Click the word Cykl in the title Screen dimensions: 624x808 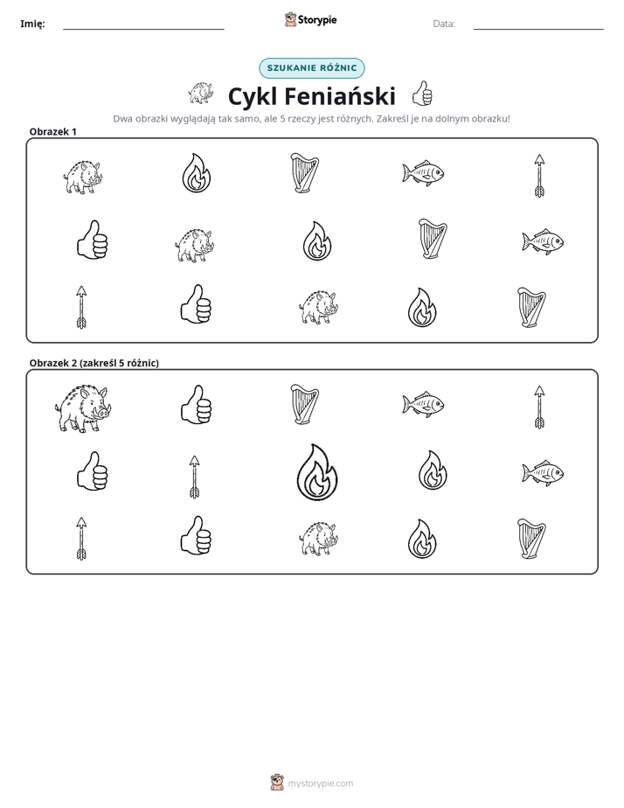coord(253,96)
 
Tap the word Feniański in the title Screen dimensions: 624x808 coord(340,96)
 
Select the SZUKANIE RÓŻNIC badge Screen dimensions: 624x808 coord(311,68)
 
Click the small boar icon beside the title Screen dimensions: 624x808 coord(201,93)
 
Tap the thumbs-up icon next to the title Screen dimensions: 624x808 coord(422,94)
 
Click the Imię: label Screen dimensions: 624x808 coord(32,24)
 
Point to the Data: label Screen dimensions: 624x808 coord(444,24)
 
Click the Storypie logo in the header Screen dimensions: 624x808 coord(310,19)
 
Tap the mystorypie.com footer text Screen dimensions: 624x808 coord(320,784)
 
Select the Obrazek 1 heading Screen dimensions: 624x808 coord(53,131)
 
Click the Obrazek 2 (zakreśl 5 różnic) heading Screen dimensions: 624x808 coord(94,363)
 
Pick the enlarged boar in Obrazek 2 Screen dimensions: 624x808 coord(83,407)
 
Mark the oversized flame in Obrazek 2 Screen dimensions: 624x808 coord(317,472)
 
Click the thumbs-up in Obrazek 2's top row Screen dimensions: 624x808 coord(196,405)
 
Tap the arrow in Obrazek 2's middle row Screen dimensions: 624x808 coord(194,477)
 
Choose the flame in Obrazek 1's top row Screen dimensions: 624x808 coord(196,173)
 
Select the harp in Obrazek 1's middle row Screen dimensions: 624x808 coord(433,238)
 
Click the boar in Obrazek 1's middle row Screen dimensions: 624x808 coord(195,245)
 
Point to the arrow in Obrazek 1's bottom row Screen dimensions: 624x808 coord(81,307)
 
